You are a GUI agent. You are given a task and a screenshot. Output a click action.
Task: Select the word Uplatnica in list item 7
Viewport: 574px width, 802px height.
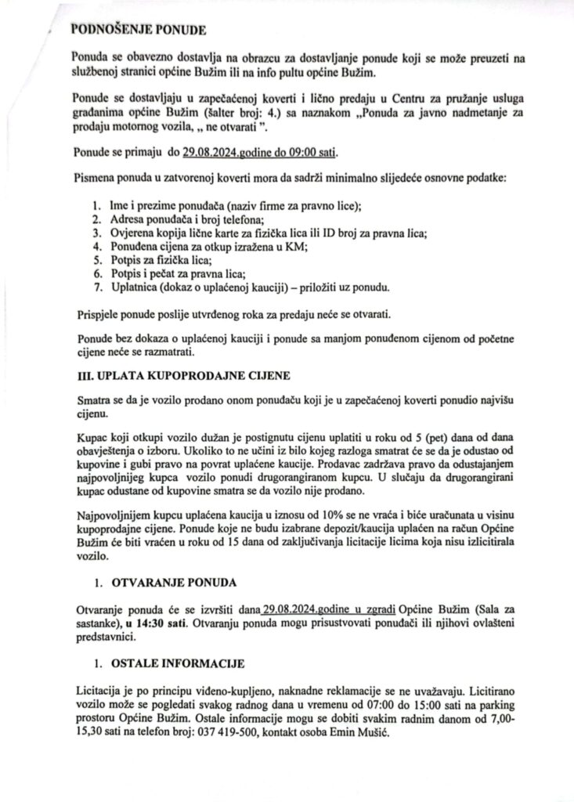tap(135, 287)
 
